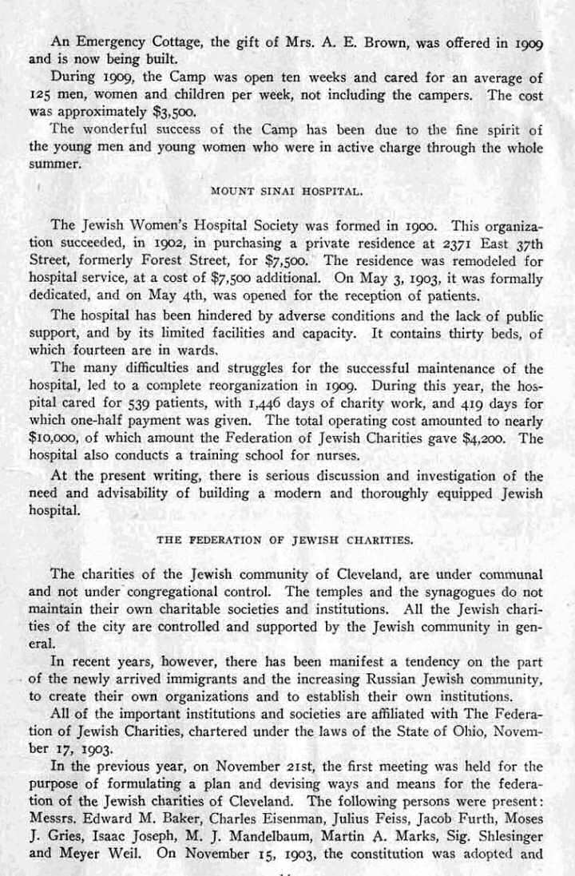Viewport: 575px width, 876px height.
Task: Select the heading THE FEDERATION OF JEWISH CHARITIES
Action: pos(285,540)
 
